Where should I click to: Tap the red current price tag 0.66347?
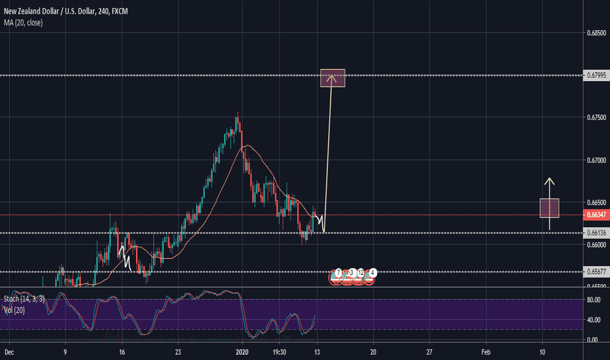(595, 215)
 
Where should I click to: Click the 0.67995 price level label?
(595, 76)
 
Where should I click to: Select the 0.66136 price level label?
(595, 232)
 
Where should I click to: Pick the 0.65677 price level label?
(595, 272)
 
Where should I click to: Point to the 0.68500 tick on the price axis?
(595, 31)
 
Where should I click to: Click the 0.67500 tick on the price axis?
(595, 118)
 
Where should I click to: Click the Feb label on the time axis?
(486, 351)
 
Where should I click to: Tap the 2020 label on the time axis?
(243, 351)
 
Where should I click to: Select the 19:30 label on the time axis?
(280, 351)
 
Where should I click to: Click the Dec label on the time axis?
(9, 351)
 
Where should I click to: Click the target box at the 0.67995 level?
(332, 78)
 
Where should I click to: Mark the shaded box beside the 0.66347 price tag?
(549, 207)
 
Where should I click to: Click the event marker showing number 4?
(372, 272)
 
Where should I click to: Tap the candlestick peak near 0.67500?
(237, 117)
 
